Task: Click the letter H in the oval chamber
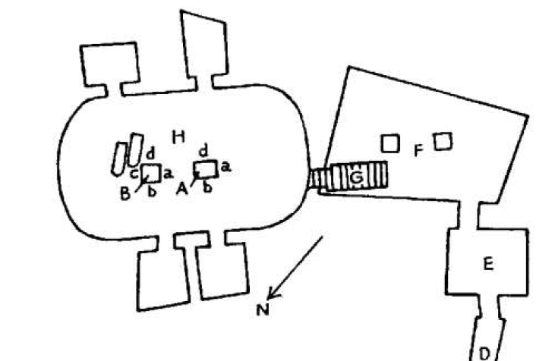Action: click(178, 137)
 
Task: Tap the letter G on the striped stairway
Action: click(355, 177)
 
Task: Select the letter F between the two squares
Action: click(418, 151)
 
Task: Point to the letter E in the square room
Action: click(489, 264)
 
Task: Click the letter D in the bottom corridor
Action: click(484, 352)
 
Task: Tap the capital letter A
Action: click(181, 190)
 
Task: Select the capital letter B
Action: click(125, 193)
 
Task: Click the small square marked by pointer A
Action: click(206, 168)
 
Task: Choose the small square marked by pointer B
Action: click(150, 173)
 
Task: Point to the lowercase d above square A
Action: click(202, 150)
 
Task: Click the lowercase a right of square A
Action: click(225, 167)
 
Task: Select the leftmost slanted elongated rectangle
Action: click(118, 158)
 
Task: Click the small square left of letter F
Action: click(389, 143)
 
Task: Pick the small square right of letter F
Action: click(443, 140)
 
